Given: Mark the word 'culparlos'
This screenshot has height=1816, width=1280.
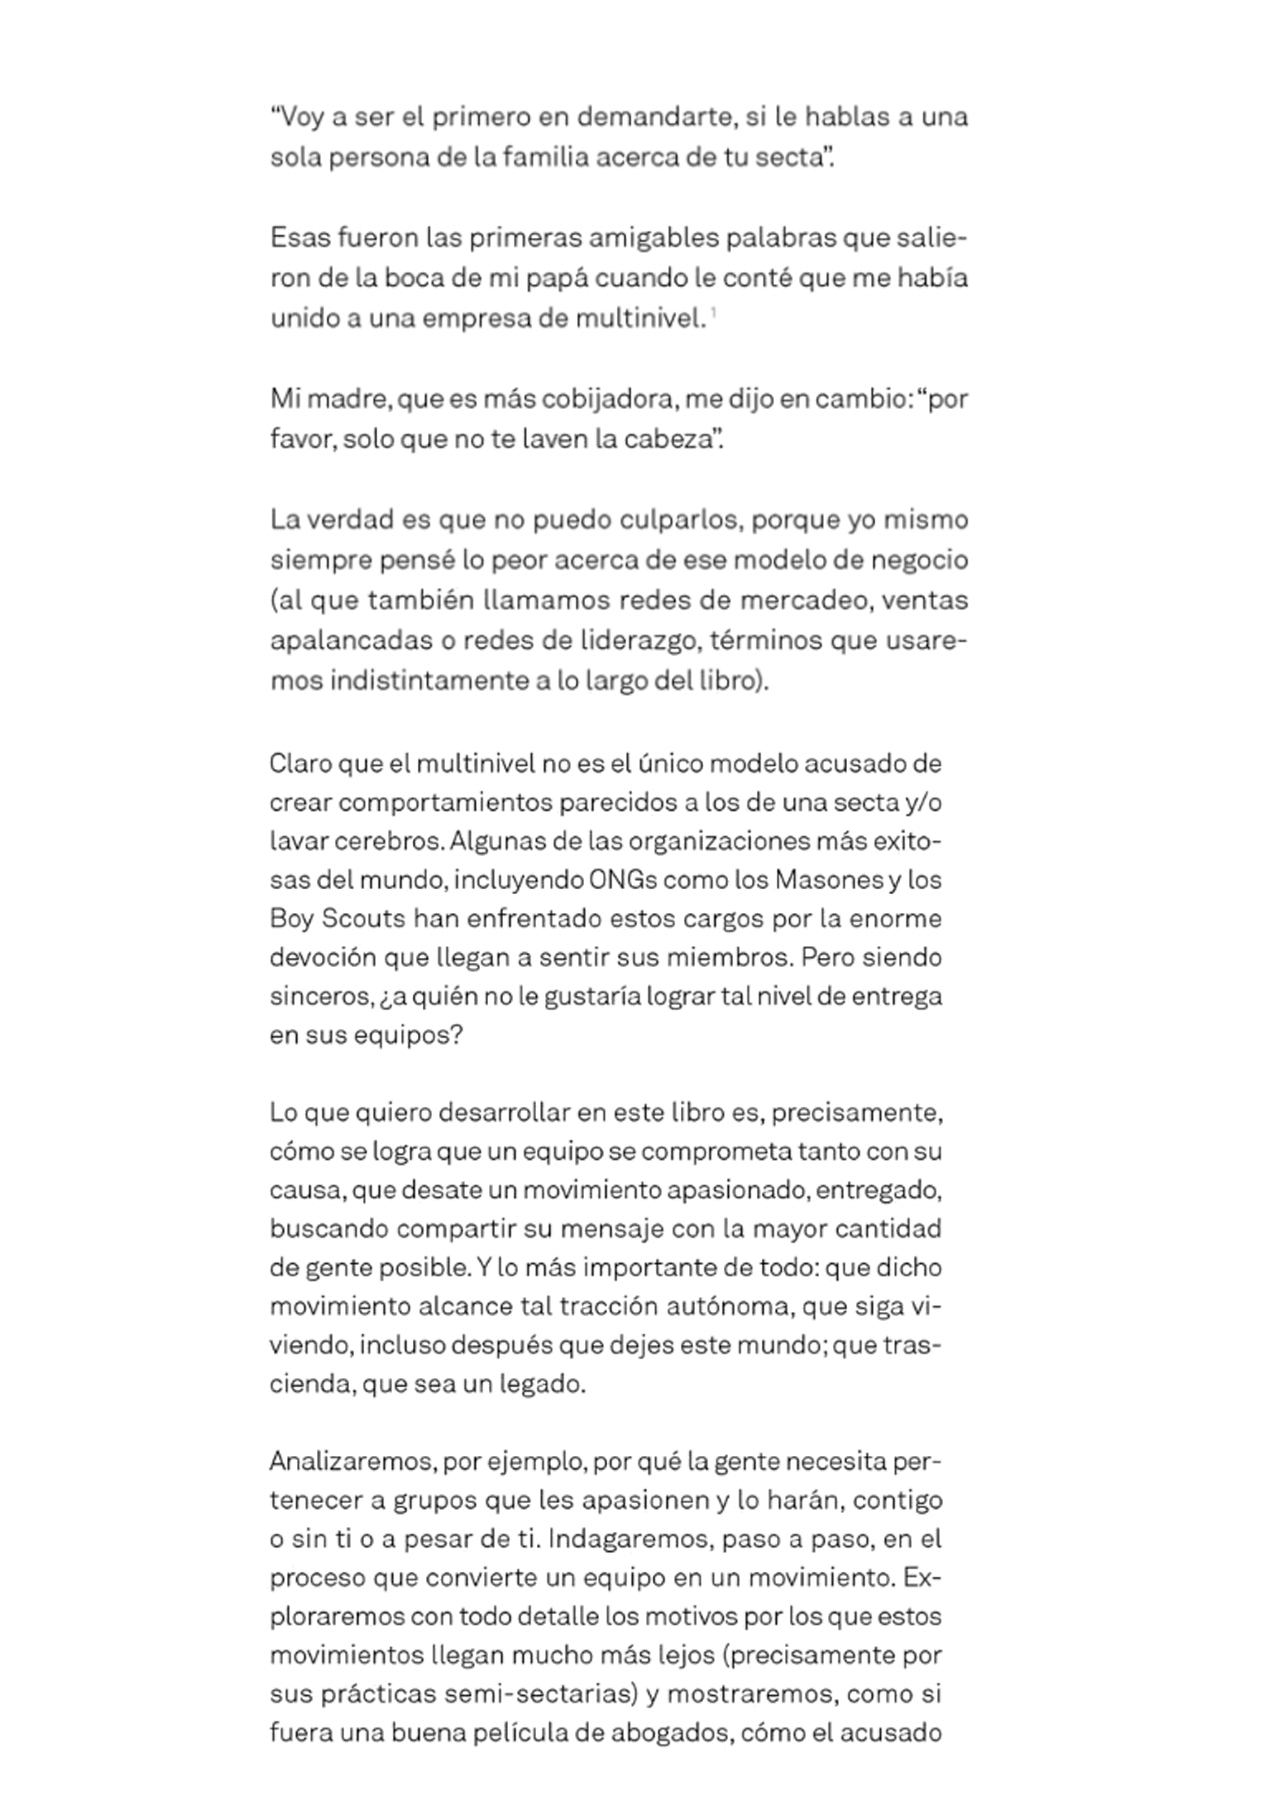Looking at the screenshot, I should (x=680, y=520).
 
